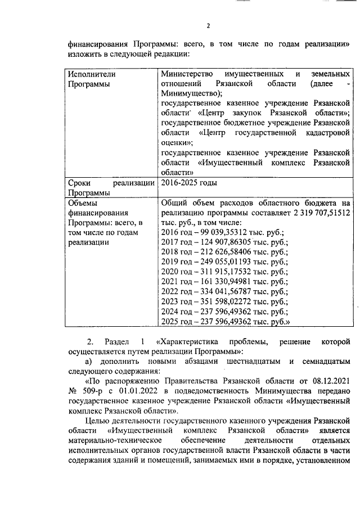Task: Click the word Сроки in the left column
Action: (x=80, y=183)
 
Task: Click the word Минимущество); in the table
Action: (x=191, y=93)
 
